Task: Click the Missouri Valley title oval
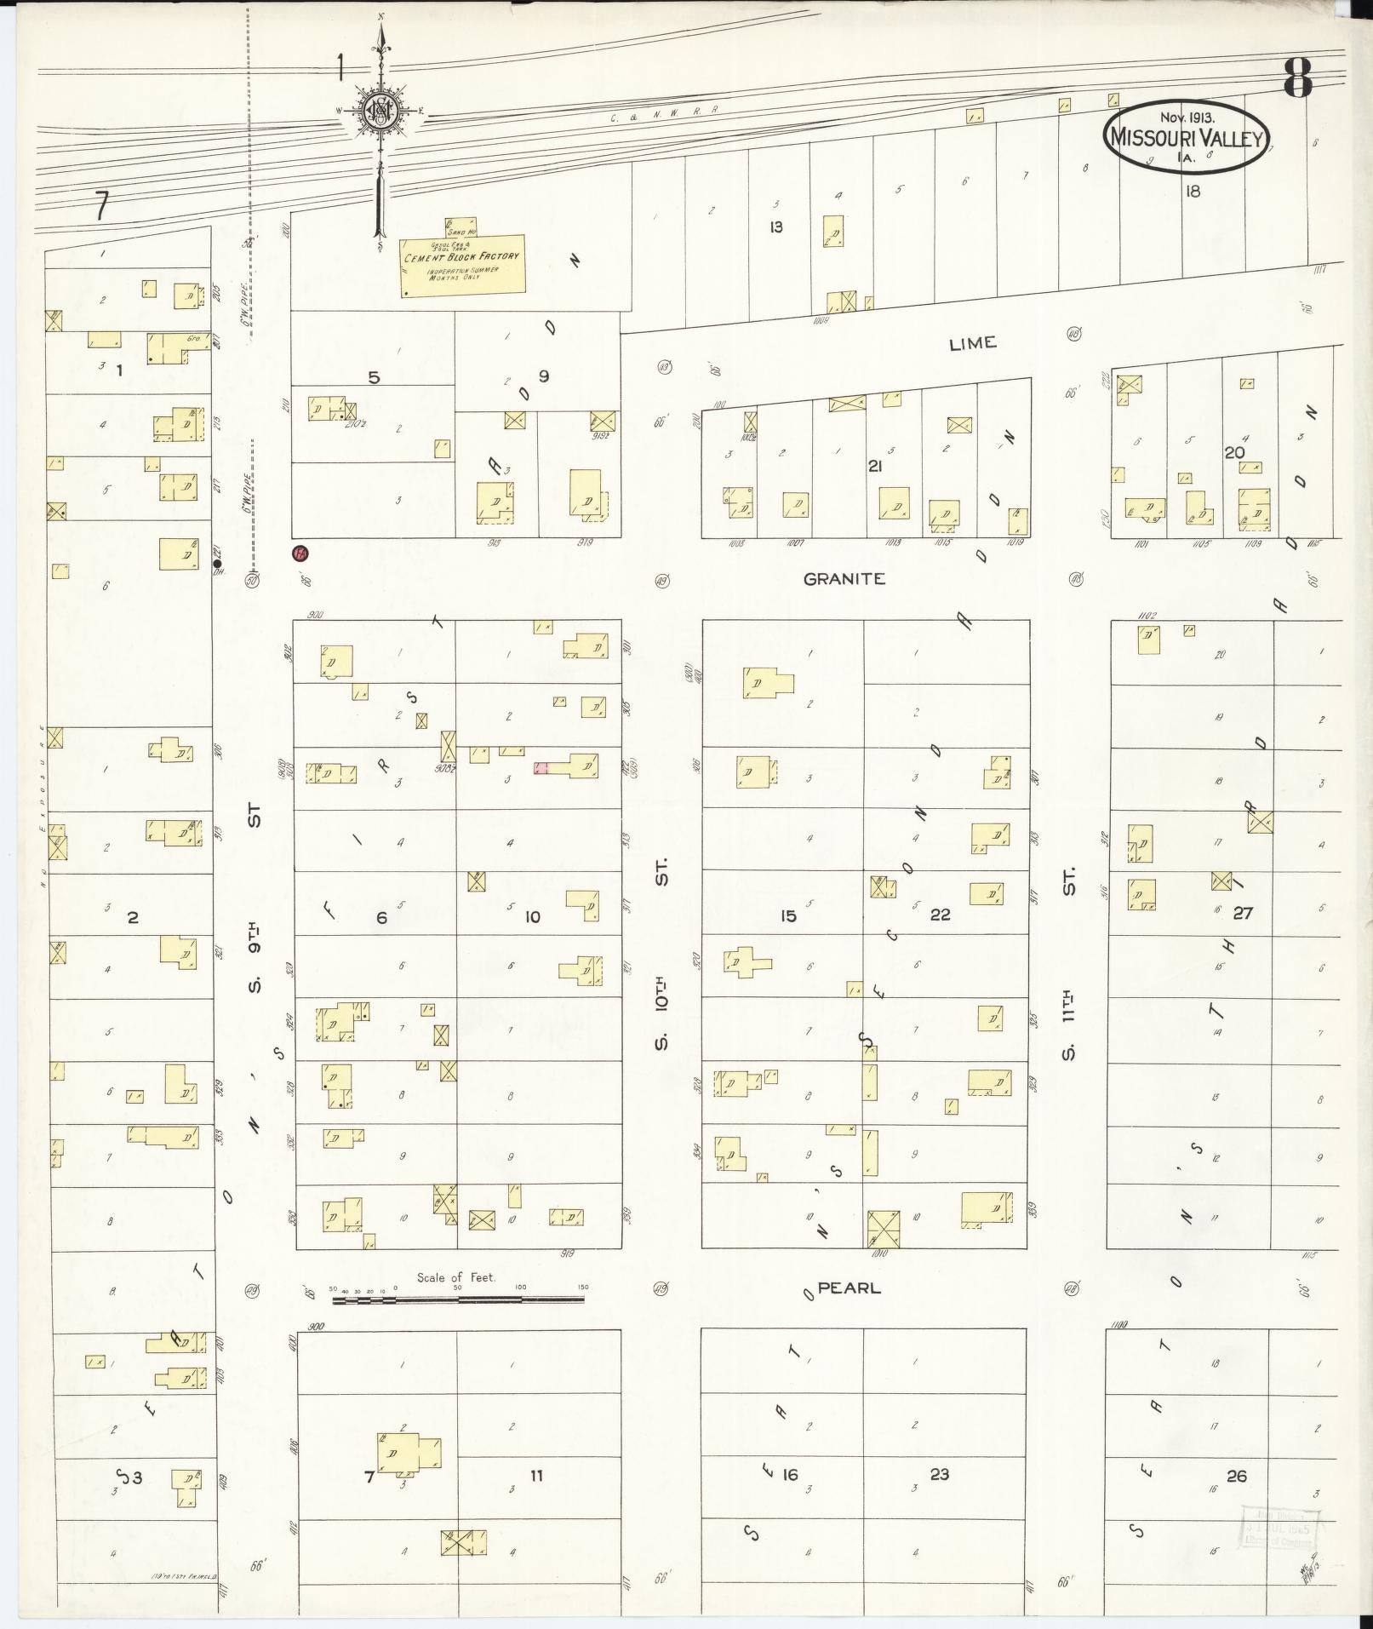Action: tap(1187, 136)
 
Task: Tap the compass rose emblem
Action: tap(380, 112)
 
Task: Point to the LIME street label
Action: tap(972, 342)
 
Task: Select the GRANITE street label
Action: tap(844, 578)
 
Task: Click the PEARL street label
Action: tap(849, 1288)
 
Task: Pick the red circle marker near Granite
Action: tap(300, 554)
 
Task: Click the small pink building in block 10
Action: tap(541, 768)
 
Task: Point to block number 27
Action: tap(1243, 913)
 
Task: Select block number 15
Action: tap(788, 915)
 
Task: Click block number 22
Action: tap(940, 915)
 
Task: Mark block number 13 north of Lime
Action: tap(775, 227)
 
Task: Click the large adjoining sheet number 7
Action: tap(102, 205)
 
